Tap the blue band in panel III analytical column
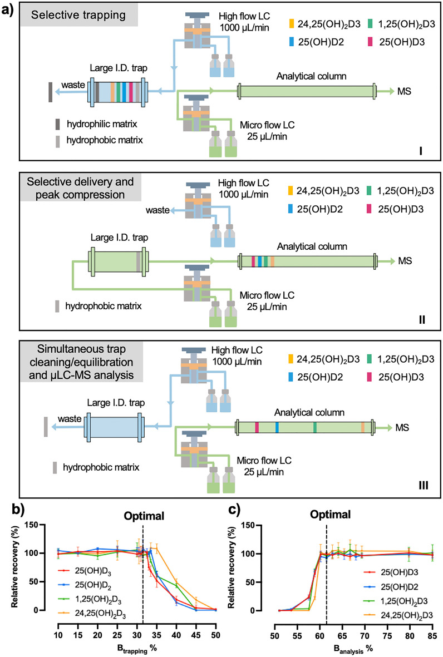click(277, 428)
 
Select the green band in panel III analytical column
click(315, 428)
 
